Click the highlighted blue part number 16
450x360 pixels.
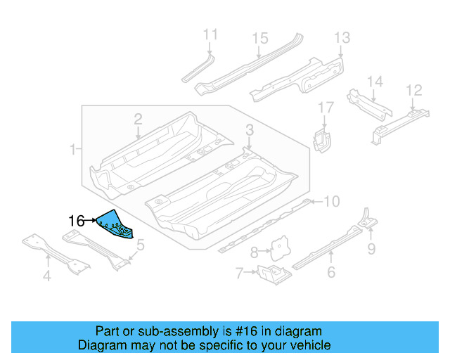tap(115, 224)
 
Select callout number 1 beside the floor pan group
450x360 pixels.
tap(72, 149)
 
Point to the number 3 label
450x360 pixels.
tap(249, 129)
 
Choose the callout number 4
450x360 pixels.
tap(46, 276)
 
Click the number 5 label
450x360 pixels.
tap(141, 245)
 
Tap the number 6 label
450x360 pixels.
tap(331, 273)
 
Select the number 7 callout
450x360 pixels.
tap(240, 272)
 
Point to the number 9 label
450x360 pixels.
tap(371, 247)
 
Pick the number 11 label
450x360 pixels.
tap(210, 34)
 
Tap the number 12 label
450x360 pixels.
tap(414, 90)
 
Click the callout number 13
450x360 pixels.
tap(342, 37)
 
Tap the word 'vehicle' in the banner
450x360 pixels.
tap(310, 345)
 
